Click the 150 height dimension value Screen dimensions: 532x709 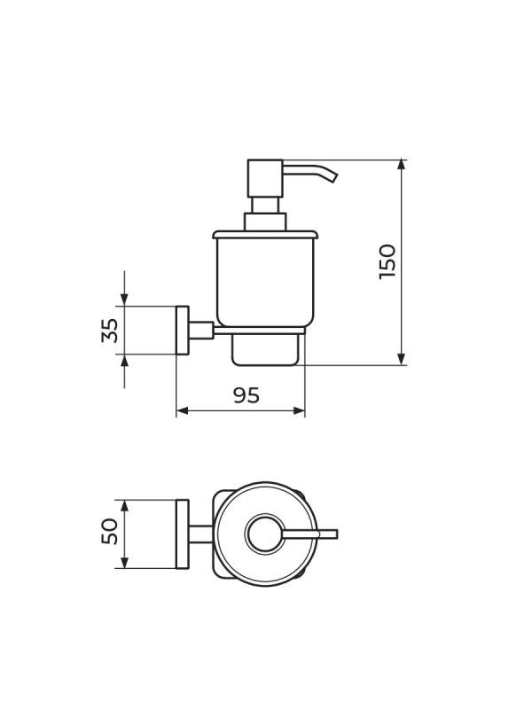(x=387, y=261)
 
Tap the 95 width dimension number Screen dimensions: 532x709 (x=246, y=395)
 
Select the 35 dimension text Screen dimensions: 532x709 (x=110, y=331)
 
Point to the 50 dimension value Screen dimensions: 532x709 (x=110, y=531)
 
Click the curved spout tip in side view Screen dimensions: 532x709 (x=334, y=176)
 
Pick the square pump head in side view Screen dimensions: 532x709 (x=265, y=178)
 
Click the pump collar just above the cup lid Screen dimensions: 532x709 (x=265, y=222)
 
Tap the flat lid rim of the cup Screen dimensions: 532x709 (x=265, y=234)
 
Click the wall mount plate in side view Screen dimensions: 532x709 (x=183, y=330)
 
